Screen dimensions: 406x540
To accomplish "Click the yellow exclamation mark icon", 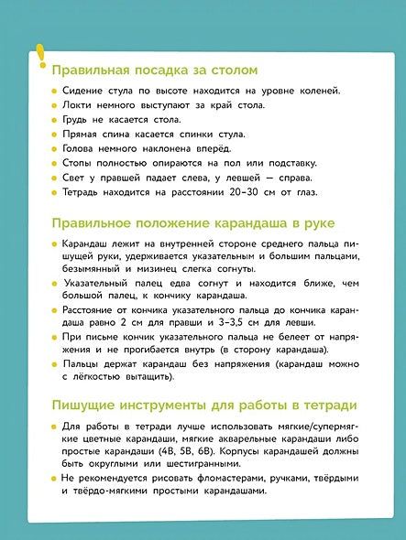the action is coord(38,57).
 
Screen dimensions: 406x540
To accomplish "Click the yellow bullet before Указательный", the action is coord(54,285).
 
